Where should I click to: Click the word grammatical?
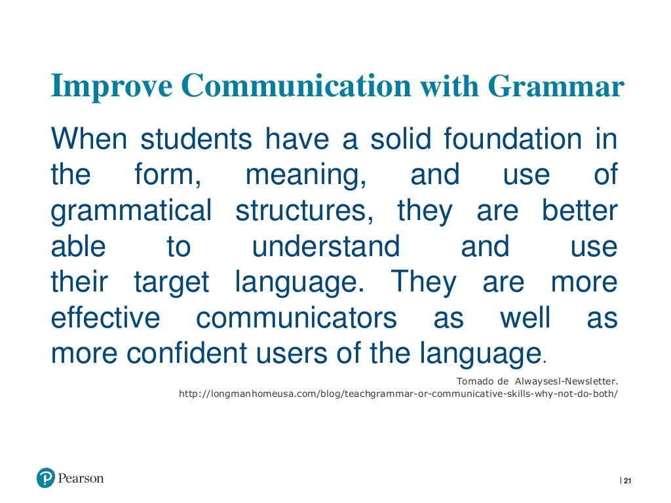tap(131, 212)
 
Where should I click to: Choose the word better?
tap(579, 212)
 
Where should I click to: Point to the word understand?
tap(326, 247)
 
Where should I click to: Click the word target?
tap(171, 283)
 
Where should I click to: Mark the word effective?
tap(105, 318)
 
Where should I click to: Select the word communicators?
tap(296, 318)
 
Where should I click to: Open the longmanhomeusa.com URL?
tap(398, 394)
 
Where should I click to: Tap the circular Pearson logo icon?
tap(46, 479)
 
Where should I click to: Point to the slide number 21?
tap(627, 481)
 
